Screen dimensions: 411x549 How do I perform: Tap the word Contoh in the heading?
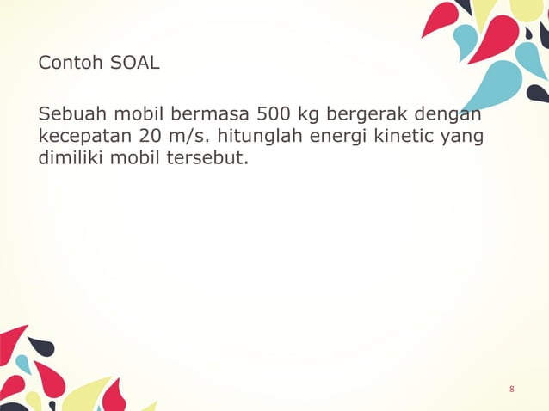pos(68,64)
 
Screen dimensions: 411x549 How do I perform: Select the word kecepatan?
pos(80,138)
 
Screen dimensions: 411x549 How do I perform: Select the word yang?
pos(462,138)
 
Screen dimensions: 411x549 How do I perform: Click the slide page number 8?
pos(512,390)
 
